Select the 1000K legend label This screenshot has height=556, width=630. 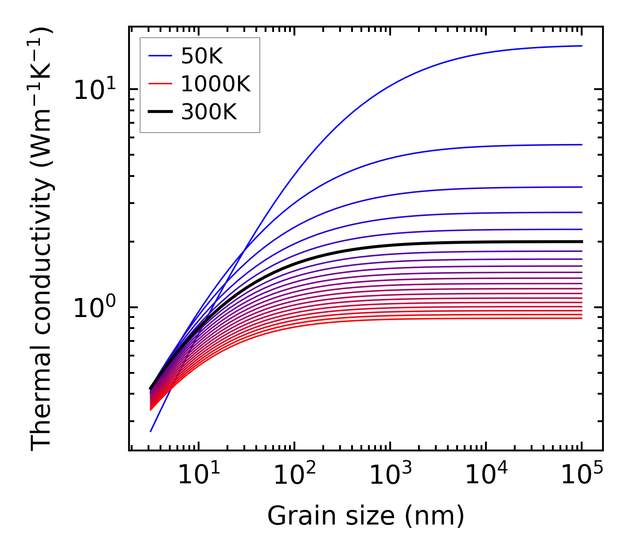215,84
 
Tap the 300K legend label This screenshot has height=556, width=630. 209,112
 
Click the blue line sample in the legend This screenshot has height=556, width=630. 160,56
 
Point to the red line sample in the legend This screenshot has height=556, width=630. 160,84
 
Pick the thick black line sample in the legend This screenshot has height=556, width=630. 160,112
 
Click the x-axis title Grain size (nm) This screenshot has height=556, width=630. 366,516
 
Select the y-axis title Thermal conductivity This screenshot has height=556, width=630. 42,239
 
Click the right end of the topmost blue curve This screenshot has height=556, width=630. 581,46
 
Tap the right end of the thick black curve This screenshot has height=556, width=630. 581,242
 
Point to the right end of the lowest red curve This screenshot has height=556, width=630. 581,318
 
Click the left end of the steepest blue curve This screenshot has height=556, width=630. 151,431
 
